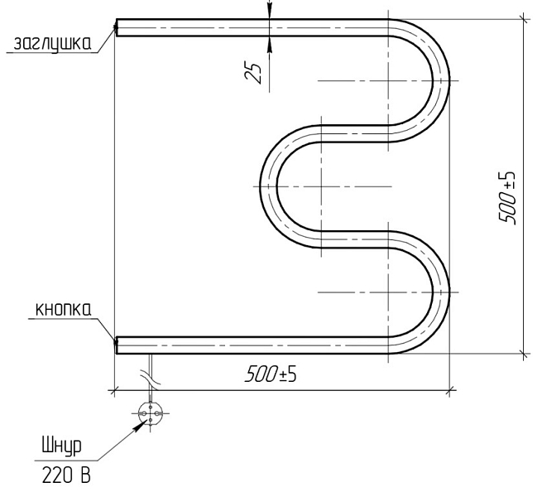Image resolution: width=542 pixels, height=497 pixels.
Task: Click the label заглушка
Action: pyautogui.click(x=52, y=44)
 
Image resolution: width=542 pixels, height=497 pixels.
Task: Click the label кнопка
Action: pyautogui.click(x=64, y=310)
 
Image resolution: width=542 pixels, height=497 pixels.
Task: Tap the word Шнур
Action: pyautogui.click(x=61, y=446)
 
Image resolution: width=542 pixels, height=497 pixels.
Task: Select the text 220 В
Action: pyautogui.click(x=66, y=475)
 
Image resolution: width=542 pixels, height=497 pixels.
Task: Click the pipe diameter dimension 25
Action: pyautogui.click(x=254, y=73)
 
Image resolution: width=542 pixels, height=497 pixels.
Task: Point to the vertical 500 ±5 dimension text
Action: pyautogui.click(x=507, y=198)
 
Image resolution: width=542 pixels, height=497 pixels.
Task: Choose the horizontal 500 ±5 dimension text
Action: pyautogui.click(x=271, y=374)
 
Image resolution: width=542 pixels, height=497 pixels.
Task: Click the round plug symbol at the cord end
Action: pyautogui.click(x=151, y=413)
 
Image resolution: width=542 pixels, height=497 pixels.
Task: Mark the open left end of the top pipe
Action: pyautogui.click(x=117, y=27)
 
